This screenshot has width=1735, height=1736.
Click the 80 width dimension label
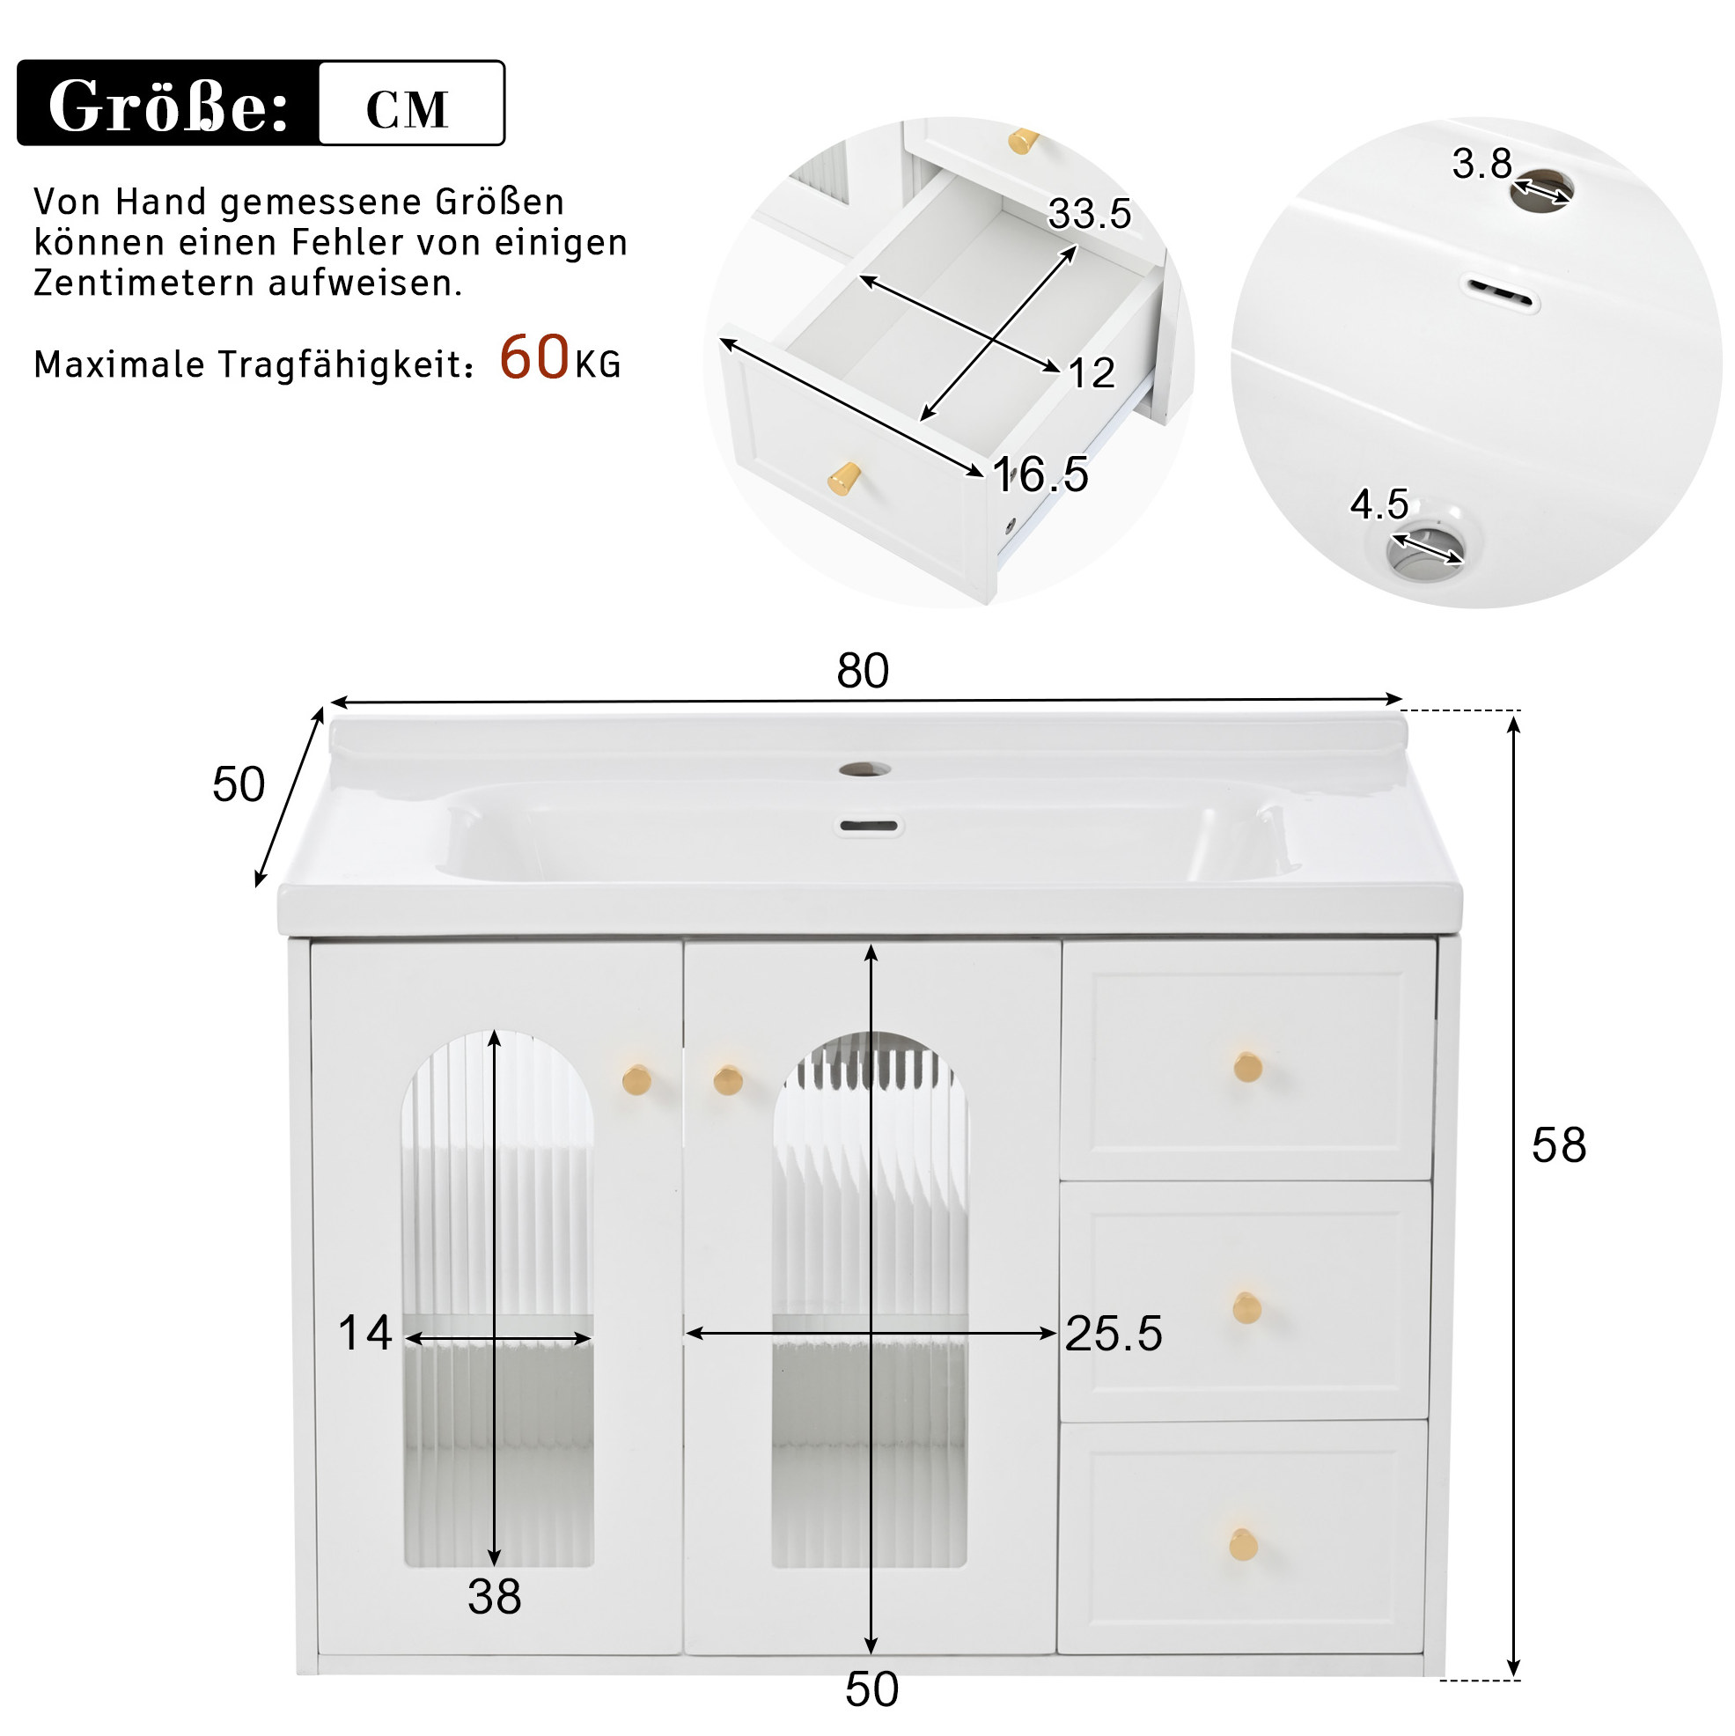point(863,670)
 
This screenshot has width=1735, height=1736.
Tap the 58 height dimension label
point(1559,1145)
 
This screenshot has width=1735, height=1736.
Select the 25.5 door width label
point(1114,1334)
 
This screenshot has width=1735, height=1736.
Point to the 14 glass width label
point(364,1333)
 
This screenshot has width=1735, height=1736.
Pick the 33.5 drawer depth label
point(1089,214)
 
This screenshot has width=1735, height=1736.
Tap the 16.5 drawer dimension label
point(1040,474)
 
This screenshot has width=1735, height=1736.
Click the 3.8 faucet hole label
point(1481,164)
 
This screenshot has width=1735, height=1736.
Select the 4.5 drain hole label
point(1379,504)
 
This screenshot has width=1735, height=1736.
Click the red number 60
point(533,357)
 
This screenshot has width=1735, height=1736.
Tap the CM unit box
point(411,102)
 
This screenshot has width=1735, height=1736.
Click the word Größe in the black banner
point(168,107)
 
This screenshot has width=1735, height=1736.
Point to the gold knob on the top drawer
point(1247,1067)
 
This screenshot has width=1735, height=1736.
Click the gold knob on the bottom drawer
point(1244,1544)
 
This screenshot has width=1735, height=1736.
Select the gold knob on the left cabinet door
point(636,1079)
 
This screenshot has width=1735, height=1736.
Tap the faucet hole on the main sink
point(865,769)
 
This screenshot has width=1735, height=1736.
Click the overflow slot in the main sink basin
point(869,826)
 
